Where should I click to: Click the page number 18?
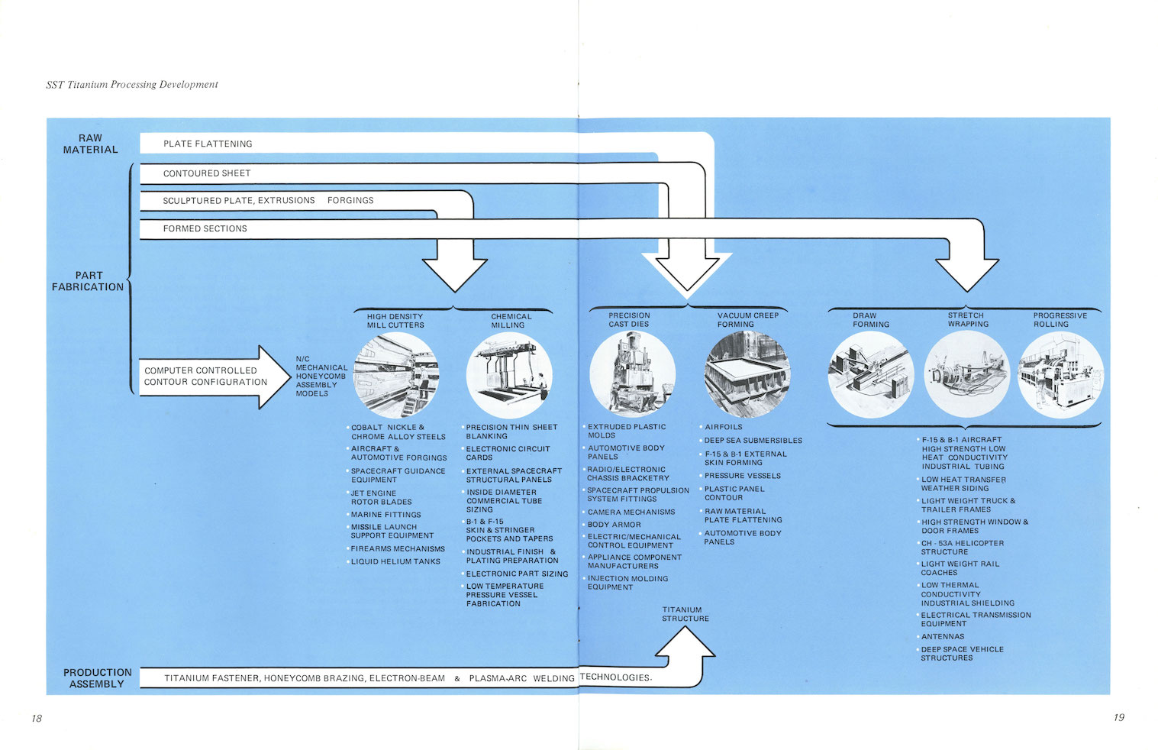pos(37,718)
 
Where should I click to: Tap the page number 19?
pos(1118,717)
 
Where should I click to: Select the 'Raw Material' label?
pos(90,144)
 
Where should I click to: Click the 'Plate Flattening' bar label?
pos(208,144)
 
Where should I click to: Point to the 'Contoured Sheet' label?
pos(207,173)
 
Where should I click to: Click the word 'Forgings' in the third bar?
pos(350,201)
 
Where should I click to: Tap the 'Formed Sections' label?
pos(205,228)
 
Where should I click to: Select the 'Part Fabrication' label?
pos(88,281)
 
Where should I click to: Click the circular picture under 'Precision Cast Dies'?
pos(631,373)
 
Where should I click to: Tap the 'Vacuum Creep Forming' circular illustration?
pos(747,373)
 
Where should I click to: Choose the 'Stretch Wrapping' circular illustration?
pos(966,374)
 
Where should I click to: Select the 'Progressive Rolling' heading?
pos(1060,320)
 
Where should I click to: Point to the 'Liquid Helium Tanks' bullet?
pos(395,561)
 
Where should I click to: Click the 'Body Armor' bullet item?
pos(614,525)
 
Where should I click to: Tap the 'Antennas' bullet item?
pos(942,636)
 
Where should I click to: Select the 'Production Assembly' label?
pos(97,678)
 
